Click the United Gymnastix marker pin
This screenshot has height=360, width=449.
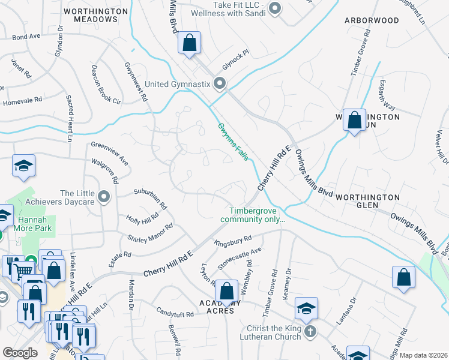click(220, 83)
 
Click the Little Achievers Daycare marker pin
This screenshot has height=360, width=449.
click(104, 196)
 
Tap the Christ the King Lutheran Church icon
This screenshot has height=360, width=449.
click(310, 331)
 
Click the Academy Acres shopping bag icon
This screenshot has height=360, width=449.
click(226, 292)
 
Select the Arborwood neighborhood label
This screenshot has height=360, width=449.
click(372, 20)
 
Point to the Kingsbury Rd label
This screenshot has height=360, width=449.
click(232, 241)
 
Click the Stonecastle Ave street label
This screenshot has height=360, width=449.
click(240, 259)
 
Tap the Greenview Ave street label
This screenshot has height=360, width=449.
click(110, 153)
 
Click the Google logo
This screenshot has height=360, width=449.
click(20, 353)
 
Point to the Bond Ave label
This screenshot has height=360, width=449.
click(26, 37)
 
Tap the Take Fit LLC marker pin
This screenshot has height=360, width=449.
click(276, 7)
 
